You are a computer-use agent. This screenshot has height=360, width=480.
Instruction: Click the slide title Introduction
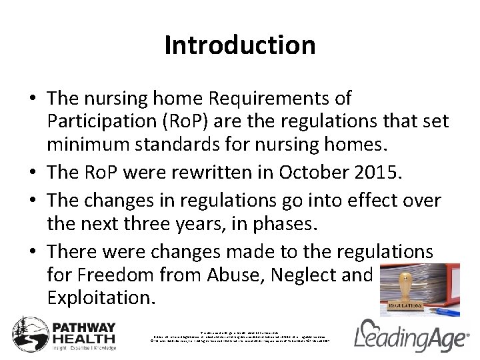[240, 45]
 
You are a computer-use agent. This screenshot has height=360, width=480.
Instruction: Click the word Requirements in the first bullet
[280, 99]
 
